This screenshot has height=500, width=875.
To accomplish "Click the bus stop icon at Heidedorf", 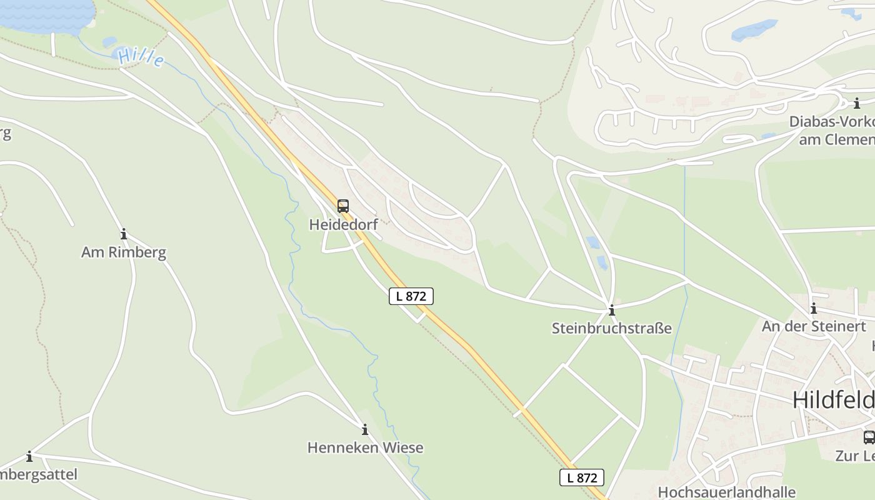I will (x=342, y=206).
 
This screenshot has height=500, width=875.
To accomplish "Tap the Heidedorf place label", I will (x=343, y=224).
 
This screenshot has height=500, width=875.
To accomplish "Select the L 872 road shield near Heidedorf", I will (x=411, y=296).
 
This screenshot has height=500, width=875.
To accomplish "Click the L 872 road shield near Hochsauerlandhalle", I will (x=582, y=478).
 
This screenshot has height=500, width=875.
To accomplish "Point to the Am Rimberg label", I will (x=124, y=252).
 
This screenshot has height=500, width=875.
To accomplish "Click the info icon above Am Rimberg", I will (x=124, y=234).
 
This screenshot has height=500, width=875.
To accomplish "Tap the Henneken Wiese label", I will (x=365, y=447).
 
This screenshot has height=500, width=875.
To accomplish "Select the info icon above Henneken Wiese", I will (x=365, y=430).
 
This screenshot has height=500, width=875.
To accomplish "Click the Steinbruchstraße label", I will (x=611, y=328).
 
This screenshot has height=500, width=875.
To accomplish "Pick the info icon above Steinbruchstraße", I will (x=612, y=310).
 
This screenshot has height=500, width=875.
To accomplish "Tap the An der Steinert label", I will (x=814, y=326).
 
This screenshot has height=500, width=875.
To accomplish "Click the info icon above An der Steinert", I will (x=814, y=308).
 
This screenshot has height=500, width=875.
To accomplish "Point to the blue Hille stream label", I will (x=141, y=57).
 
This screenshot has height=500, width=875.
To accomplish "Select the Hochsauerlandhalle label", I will (x=726, y=492).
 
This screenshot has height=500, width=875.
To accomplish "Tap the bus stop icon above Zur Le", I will (x=869, y=437).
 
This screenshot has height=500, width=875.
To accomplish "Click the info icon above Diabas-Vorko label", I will (x=857, y=104).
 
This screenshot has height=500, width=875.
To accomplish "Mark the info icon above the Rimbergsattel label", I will (x=29, y=457).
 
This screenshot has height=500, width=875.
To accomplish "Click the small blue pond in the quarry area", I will (x=754, y=29).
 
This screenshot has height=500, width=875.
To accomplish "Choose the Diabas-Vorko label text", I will (x=831, y=121).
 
